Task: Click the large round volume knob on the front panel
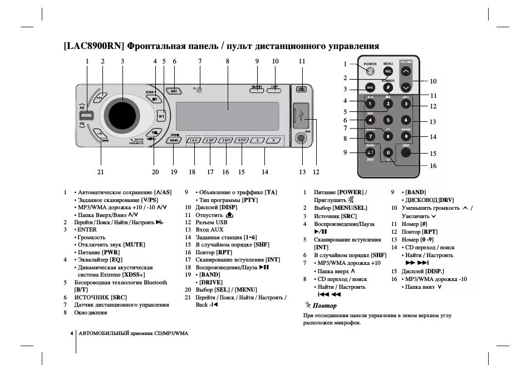click(x=122, y=116)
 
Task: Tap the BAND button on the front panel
click(x=174, y=141)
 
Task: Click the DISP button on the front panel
click(x=273, y=89)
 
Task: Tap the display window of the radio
click(x=227, y=116)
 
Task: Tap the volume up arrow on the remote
click(x=407, y=72)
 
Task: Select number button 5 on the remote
click(x=388, y=120)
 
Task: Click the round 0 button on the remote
click(x=388, y=152)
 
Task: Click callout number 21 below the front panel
click(x=101, y=172)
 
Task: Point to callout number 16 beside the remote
click(x=433, y=166)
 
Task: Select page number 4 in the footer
click(x=71, y=333)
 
